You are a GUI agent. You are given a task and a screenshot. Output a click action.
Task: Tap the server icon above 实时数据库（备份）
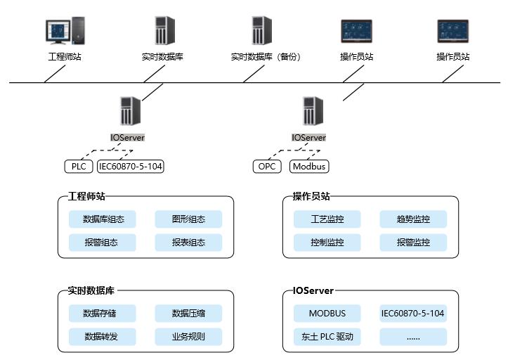point(261,32)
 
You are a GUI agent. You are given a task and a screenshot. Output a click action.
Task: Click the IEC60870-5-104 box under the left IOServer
point(130,167)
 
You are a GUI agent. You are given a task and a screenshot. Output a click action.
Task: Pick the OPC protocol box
point(266,167)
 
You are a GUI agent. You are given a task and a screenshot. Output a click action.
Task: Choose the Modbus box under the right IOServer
point(309,167)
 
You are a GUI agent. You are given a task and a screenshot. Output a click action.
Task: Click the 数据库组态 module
point(103,219)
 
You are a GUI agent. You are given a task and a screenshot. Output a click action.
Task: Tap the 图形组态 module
point(188,219)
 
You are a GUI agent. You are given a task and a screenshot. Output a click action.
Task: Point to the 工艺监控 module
point(327,219)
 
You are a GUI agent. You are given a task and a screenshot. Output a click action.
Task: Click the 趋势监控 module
point(413,219)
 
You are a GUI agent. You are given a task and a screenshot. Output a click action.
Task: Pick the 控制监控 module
point(327,243)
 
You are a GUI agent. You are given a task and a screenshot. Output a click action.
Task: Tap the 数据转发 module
point(103,336)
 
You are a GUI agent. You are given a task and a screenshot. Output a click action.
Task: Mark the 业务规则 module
point(188,336)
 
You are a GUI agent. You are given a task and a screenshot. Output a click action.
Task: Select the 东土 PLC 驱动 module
point(327,336)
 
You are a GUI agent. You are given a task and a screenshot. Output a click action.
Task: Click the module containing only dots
point(413,336)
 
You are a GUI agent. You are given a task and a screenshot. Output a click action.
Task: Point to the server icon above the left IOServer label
point(130,111)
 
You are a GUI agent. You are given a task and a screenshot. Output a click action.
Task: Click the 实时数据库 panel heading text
point(91,290)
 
